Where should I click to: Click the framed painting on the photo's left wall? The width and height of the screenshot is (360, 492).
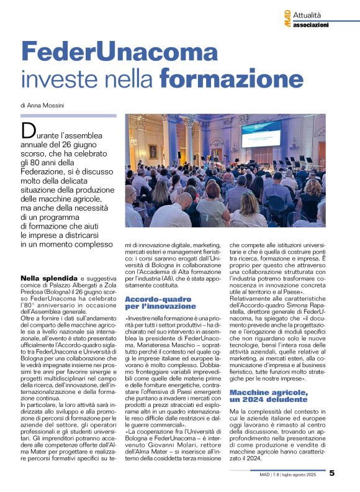point(152,152)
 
